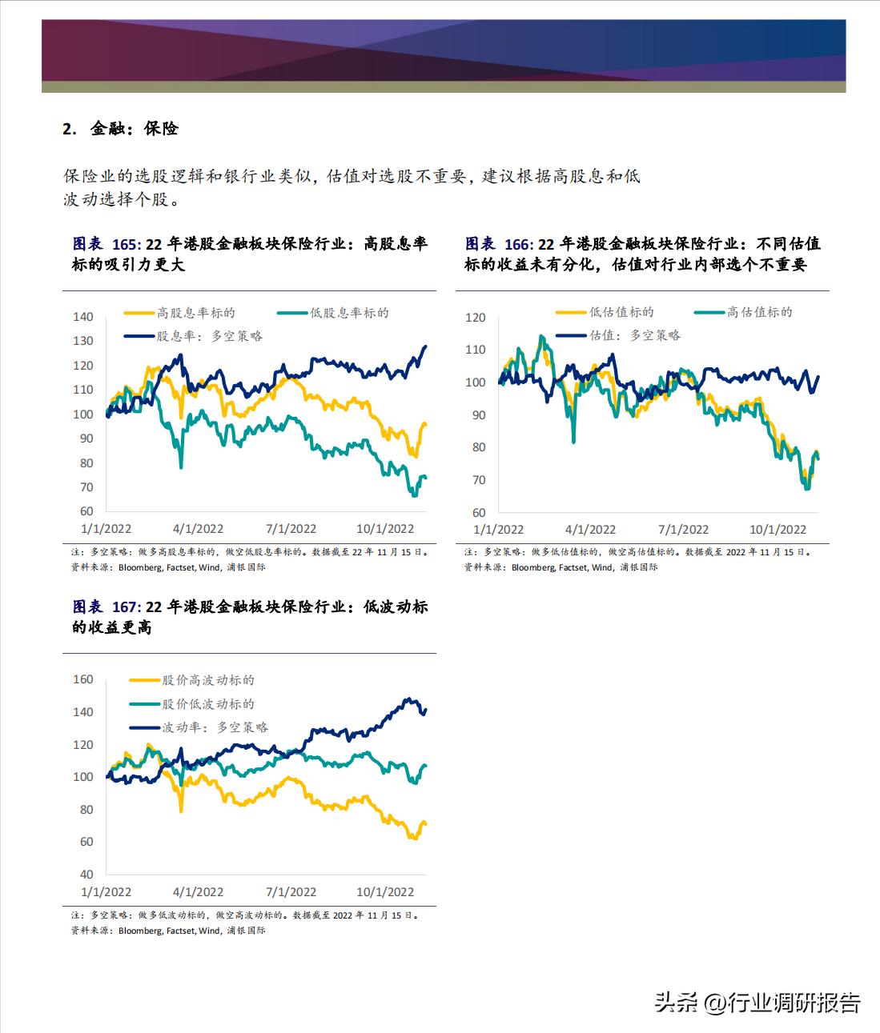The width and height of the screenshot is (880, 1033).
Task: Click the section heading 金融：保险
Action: (133, 129)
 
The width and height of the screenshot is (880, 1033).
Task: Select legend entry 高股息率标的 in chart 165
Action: (196, 313)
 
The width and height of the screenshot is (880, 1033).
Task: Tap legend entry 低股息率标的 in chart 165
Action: (349, 313)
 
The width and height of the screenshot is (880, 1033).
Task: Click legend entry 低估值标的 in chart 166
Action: (621, 312)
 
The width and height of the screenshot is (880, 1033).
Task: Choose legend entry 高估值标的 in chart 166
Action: (759, 312)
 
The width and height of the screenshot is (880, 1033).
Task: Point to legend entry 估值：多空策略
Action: (635, 335)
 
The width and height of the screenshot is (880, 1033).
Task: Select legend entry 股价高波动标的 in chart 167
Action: (208, 680)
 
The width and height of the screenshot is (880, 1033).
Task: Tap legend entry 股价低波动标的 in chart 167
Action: (208, 704)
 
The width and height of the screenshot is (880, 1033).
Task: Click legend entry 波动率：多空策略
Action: (215, 727)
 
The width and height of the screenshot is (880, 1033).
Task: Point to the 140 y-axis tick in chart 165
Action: (83, 317)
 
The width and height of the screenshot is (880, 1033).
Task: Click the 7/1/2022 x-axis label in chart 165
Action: (291, 529)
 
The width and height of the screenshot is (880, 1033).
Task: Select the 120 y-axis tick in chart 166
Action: (476, 318)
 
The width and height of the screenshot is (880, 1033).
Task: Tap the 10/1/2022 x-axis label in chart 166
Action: (778, 530)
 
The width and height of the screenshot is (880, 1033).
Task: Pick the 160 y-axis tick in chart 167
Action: (83, 679)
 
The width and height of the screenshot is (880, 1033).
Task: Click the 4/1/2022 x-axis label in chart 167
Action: (199, 892)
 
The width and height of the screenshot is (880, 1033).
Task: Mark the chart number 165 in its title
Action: (125, 244)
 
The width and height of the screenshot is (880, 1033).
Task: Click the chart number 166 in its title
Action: (518, 244)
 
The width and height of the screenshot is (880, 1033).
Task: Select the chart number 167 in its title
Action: (125, 607)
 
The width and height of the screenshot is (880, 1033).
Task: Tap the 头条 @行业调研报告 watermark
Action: (757, 1003)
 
